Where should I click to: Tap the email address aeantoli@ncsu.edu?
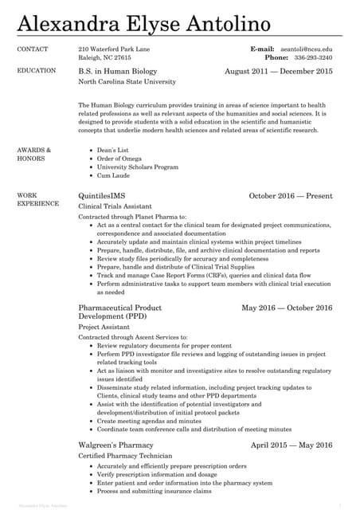[305, 49]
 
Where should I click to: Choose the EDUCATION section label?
[37, 70]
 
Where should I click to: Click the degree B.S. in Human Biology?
[118, 71]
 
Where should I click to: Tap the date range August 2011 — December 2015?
[279, 71]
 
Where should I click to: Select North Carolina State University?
[127, 82]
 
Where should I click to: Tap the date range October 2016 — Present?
[291, 195]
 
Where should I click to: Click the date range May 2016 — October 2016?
[287, 307]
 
